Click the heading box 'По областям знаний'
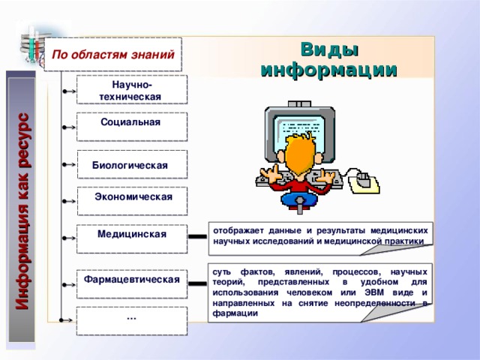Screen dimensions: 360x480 [113, 54]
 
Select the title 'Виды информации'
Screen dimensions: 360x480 [328, 60]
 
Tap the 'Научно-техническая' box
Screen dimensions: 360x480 [131, 90]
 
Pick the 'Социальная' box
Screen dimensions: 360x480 [131, 126]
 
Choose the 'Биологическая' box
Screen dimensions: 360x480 [131, 164]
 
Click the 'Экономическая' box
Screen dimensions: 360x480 [131, 199]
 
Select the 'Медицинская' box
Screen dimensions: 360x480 [131, 238]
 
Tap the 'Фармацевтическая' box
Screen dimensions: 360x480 [131, 283]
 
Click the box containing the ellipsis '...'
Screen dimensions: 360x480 [131, 320]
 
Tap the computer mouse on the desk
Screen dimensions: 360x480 [363, 181]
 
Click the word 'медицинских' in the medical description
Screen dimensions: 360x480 [400, 231]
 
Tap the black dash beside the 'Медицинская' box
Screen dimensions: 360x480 [198, 236]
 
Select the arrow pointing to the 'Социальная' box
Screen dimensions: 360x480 [67, 127]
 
